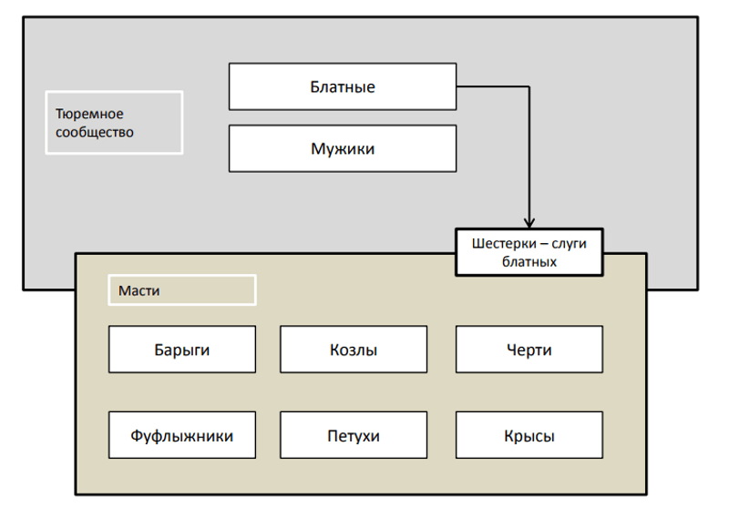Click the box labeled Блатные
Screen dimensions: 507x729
point(342,86)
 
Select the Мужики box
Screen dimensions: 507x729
point(342,148)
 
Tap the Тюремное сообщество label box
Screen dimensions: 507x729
point(114,123)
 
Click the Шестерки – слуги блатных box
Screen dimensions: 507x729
point(529,252)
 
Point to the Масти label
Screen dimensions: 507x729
point(182,290)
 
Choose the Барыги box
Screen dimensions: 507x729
point(182,350)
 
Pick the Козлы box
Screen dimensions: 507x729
point(354,350)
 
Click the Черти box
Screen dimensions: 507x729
point(529,350)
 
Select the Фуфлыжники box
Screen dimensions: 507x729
point(182,436)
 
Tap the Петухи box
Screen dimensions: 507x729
point(354,436)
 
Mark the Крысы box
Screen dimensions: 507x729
point(529,436)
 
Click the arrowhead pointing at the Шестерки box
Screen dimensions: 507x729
point(529,221)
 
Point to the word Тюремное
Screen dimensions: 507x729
point(89,115)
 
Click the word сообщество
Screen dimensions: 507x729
point(95,132)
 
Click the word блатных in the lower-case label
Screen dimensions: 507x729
point(529,261)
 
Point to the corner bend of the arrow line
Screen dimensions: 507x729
point(529,86)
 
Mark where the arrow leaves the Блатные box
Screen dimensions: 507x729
point(457,86)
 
